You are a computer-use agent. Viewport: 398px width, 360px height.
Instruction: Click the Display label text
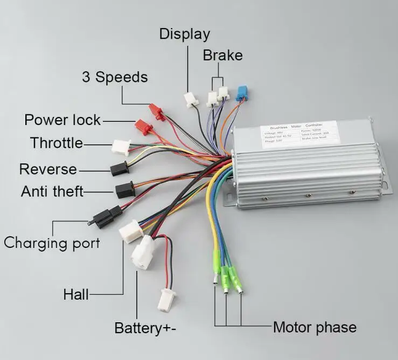184,34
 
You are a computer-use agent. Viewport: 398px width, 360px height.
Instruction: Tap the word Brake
222,56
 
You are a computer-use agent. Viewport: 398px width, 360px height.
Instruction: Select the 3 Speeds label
114,77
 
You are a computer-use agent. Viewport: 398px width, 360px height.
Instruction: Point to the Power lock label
62,120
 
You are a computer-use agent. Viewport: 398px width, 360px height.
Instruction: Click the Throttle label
57,143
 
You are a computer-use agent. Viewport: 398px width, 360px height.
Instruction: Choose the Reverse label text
48,169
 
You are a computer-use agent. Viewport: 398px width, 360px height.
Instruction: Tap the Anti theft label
52,191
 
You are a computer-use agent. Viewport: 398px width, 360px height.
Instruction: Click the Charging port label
52,243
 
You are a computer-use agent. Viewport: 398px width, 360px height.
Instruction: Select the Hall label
76,295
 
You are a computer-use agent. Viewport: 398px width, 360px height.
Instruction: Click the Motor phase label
315,327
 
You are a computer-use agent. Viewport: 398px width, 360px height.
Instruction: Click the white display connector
191,99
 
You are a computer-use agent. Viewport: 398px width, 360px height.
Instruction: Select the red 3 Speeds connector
156,111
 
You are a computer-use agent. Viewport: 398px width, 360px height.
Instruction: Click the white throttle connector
120,147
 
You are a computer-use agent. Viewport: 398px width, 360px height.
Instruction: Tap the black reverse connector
119,169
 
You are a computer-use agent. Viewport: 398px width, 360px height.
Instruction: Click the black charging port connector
102,217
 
